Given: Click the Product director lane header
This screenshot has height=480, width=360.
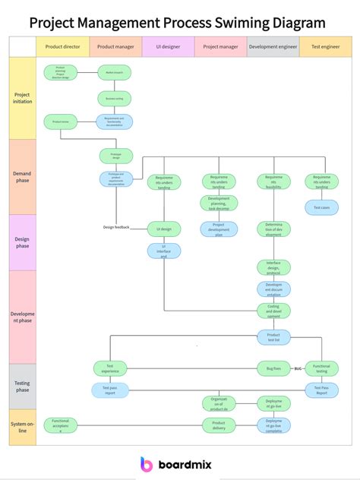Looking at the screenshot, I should (62, 46).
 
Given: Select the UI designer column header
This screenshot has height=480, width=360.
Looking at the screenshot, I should (168, 46).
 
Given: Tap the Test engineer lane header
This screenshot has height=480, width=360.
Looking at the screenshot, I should (325, 46).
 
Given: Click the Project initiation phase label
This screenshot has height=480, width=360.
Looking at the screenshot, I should (22, 98).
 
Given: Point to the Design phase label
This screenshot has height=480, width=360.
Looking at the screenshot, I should (22, 242).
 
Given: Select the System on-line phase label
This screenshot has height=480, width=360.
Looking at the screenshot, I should (22, 426).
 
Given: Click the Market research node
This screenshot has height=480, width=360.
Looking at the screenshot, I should (115, 73).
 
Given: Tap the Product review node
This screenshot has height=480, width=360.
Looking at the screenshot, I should (61, 121).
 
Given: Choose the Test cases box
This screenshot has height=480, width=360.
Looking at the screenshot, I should (321, 207).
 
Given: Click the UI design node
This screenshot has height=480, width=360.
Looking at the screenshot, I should (164, 229).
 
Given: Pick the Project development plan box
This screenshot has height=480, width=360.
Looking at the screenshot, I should (219, 229).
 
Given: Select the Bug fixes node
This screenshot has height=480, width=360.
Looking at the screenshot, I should (273, 368).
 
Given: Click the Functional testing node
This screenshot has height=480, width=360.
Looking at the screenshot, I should (321, 368).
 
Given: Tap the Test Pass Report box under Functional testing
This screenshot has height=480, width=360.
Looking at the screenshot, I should (321, 390).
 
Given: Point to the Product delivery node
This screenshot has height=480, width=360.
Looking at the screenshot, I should (219, 425).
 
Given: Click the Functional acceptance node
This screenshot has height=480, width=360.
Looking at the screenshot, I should (61, 425).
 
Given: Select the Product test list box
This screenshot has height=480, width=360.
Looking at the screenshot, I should (273, 336).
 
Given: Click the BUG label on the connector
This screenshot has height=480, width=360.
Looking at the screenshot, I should (298, 368).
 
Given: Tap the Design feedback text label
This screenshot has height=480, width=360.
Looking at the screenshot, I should (116, 227).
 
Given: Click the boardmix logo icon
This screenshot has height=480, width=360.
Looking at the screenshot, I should (147, 465).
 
